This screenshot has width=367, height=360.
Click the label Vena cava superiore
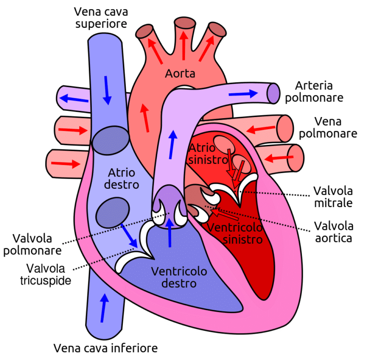point(100,17)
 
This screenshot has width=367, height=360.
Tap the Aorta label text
point(180,73)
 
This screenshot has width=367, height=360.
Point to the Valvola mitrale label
point(333,197)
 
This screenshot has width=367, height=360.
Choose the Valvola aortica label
point(333,231)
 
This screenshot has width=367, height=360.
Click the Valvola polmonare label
point(32,244)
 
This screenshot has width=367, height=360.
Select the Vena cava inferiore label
point(105,347)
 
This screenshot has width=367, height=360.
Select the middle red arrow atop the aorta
point(182,46)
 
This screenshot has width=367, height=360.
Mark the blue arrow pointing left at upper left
point(74,99)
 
